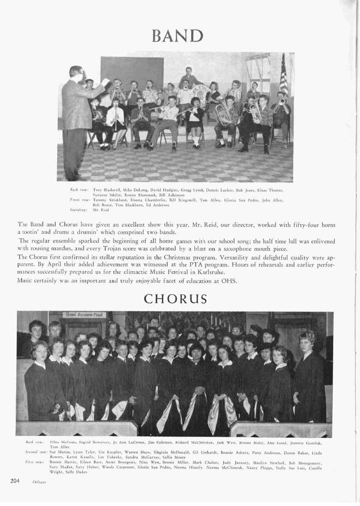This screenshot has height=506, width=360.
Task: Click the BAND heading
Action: [x=180, y=35]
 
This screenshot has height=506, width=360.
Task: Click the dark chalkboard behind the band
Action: [x=132, y=73]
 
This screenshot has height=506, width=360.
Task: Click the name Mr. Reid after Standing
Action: [x=99, y=210]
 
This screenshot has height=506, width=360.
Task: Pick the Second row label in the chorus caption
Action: [x=36, y=452]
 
